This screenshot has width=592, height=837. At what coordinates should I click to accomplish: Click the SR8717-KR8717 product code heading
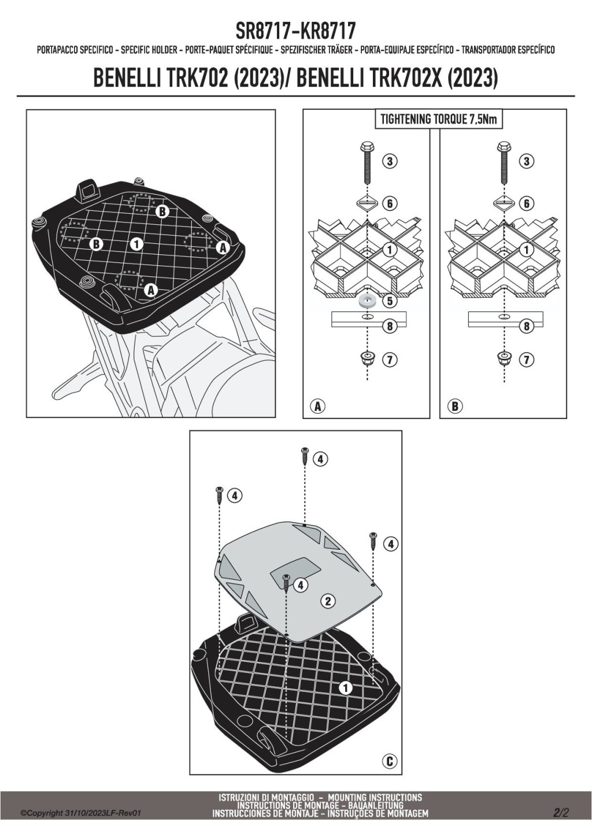pos(295,31)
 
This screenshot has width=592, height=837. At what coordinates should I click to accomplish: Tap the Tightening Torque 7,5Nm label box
pos(439,120)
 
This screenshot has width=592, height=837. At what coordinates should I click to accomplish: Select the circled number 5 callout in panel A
pos(390,301)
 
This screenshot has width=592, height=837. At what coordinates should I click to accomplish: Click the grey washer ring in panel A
pos(367,301)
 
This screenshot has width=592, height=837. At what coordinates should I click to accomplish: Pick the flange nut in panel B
pos(504,359)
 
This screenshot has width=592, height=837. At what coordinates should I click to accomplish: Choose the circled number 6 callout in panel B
pos(527,203)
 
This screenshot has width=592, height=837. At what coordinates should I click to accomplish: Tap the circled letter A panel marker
pos(317,406)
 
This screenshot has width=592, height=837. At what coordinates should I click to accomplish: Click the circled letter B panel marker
pos(454,406)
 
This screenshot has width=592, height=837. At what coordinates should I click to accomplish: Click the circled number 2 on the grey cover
pos(328,601)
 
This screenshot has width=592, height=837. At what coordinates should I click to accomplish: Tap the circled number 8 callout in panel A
pos(390,326)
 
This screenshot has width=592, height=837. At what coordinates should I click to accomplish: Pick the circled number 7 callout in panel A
pos(390,360)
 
